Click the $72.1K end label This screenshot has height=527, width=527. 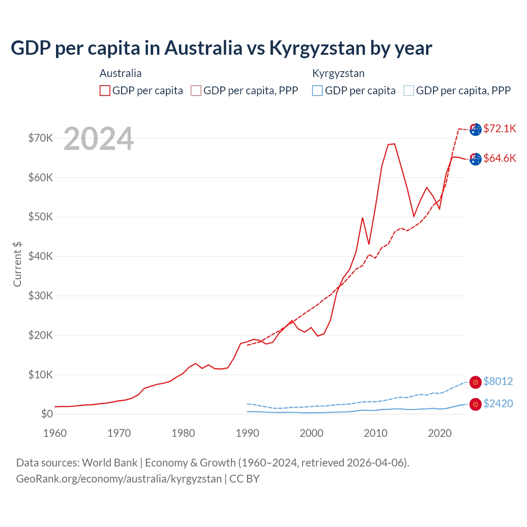pyautogui.click(x=499, y=128)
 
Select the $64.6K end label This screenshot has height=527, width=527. pyautogui.click(x=499, y=158)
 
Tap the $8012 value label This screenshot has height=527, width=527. pyautogui.click(x=498, y=381)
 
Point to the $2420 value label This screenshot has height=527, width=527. pyautogui.click(x=498, y=403)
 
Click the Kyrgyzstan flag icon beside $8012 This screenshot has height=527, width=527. pyautogui.click(x=476, y=382)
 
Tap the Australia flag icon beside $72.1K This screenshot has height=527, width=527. pyautogui.click(x=476, y=129)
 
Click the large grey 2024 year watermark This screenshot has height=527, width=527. pyautogui.click(x=98, y=139)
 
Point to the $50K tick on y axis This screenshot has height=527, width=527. pyautogui.click(x=40, y=217)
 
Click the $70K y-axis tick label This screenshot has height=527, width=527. pyautogui.click(x=40, y=138)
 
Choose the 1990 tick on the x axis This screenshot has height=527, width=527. pyautogui.click(x=247, y=433)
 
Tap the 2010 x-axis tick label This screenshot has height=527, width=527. pyautogui.click(x=375, y=433)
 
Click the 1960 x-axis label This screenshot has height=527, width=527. pyautogui.click(x=55, y=433)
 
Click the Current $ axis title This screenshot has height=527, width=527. pyautogui.click(x=17, y=264)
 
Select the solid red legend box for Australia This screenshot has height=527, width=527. pyautogui.click(x=105, y=91)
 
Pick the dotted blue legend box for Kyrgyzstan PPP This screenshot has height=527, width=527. pyautogui.click(x=409, y=91)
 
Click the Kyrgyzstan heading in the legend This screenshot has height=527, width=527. pyautogui.click(x=338, y=73)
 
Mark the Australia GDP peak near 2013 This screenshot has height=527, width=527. pyautogui.click(x=394, y=144)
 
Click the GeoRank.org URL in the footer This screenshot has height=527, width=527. pyautogui.click(x=119, y=479)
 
